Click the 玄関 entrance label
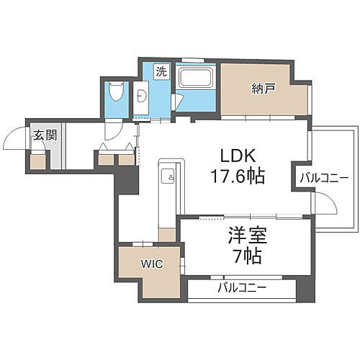tap(39, 133)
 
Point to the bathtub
tap(196, 77)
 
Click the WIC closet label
tap(153, 264)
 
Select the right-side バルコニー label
tap(324, 177)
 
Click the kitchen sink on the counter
tap(167, 174)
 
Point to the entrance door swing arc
tap(13, 137)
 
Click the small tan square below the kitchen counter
tap(167, 233)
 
